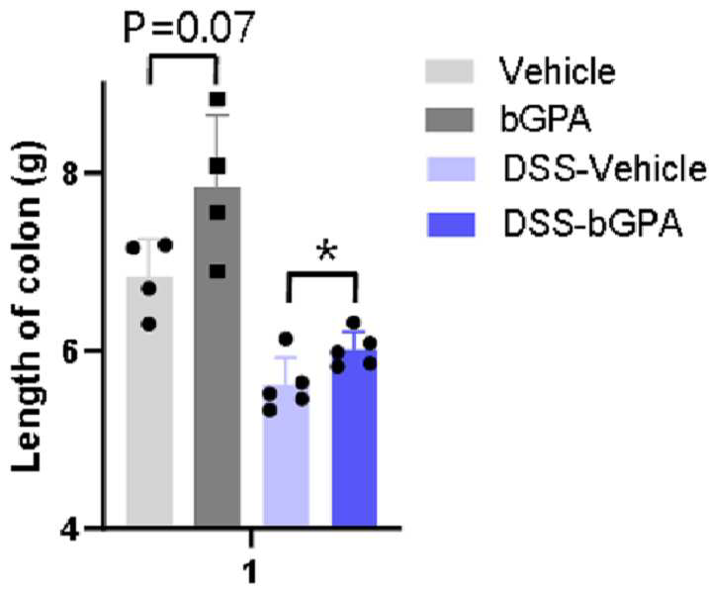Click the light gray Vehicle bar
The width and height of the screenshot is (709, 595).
(x=149, y=401)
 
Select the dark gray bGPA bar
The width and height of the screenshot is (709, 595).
(x=217, y=356)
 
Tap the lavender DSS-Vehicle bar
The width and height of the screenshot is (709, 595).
(x=286, y=455)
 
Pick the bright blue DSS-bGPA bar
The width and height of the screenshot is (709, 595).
(x=354, y=438)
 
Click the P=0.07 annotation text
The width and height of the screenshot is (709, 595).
(x=189, y=27)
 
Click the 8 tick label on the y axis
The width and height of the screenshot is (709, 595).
(x=72, y=172)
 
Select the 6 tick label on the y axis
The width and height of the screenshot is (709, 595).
(x=72, y=350)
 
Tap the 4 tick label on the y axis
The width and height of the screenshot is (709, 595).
(x=71, y=528)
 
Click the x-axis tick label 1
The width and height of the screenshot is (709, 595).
(x=250, y=572)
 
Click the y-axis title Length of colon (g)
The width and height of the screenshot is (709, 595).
(x=28, y=307)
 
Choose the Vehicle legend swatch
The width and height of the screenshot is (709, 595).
(x=449, y=71)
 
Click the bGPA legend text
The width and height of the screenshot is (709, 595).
(x=545, y=119)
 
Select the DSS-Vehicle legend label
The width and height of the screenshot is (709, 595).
(x=604, y=169)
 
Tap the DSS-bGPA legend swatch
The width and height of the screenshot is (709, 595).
(x=451, y=225)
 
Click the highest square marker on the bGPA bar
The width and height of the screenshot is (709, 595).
(x=218, y=99)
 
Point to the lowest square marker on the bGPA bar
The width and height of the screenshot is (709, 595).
(x=218, y=271)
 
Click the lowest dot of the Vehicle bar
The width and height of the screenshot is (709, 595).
(x=149, y=324)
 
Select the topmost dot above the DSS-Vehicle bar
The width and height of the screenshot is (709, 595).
(x=286, y=339)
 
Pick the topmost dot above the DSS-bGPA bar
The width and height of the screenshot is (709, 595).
(x=354, y=323)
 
